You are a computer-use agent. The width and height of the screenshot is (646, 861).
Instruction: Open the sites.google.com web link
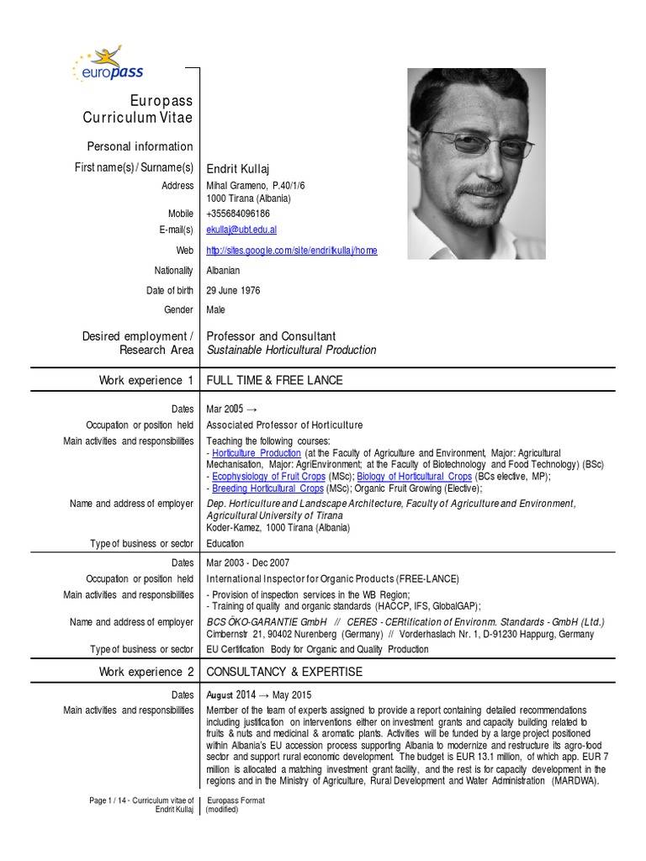click(291, 251)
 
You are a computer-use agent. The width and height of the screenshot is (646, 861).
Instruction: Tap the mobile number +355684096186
click(238, 214)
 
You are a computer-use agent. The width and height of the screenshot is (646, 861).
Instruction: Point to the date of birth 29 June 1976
click(233, 291)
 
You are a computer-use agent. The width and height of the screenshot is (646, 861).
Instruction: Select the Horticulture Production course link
click(257, 453)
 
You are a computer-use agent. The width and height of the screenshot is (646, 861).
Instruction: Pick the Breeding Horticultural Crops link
click(267, 489)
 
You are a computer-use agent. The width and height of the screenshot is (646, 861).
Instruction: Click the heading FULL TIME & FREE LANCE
click(274, 381)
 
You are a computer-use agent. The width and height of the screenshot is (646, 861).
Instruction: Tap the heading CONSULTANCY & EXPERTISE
click(284, 672)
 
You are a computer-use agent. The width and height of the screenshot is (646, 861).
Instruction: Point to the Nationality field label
click(173, 271)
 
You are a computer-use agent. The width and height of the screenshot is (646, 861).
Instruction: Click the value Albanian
click(223, 271)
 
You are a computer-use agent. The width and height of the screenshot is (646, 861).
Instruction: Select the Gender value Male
click(216, 310)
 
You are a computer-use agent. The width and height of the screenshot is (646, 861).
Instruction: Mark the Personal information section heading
click(140, 146)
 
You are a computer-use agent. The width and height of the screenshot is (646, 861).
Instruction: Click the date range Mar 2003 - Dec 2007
click(247, 563)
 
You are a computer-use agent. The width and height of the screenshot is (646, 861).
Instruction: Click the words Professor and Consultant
click(271, 336)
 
